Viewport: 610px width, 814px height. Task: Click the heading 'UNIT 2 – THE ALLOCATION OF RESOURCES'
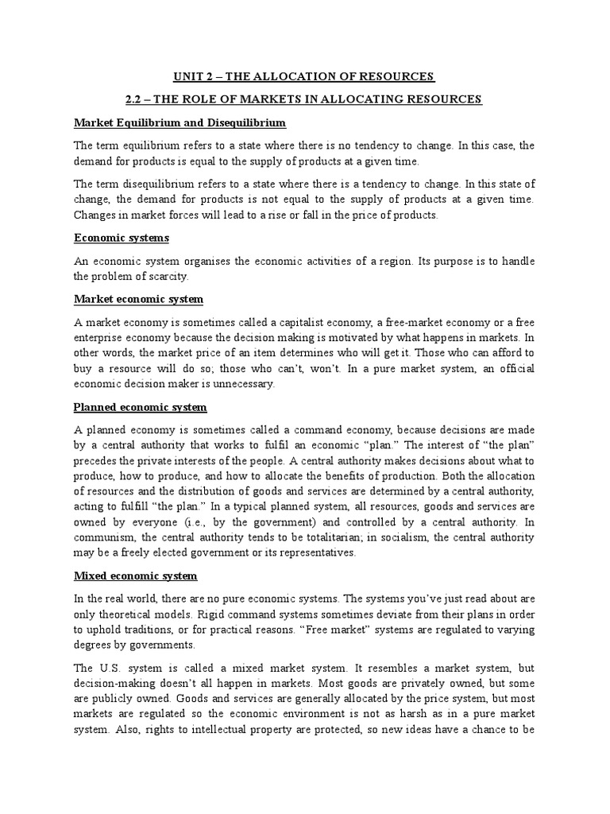pyautogui.click(x=304, y=76)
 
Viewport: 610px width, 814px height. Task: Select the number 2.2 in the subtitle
pyautogui.click(x=134, y=99)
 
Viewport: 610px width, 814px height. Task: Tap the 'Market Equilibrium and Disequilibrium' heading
pyautogui.click(x=180, y=123)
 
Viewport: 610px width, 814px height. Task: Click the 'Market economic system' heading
pyautogui.click(x=138, y=299)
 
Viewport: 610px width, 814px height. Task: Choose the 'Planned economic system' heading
pyautogui.click(x=140, y=407)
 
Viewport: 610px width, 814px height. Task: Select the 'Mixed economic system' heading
pyautogui.click(x=135, y=576)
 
